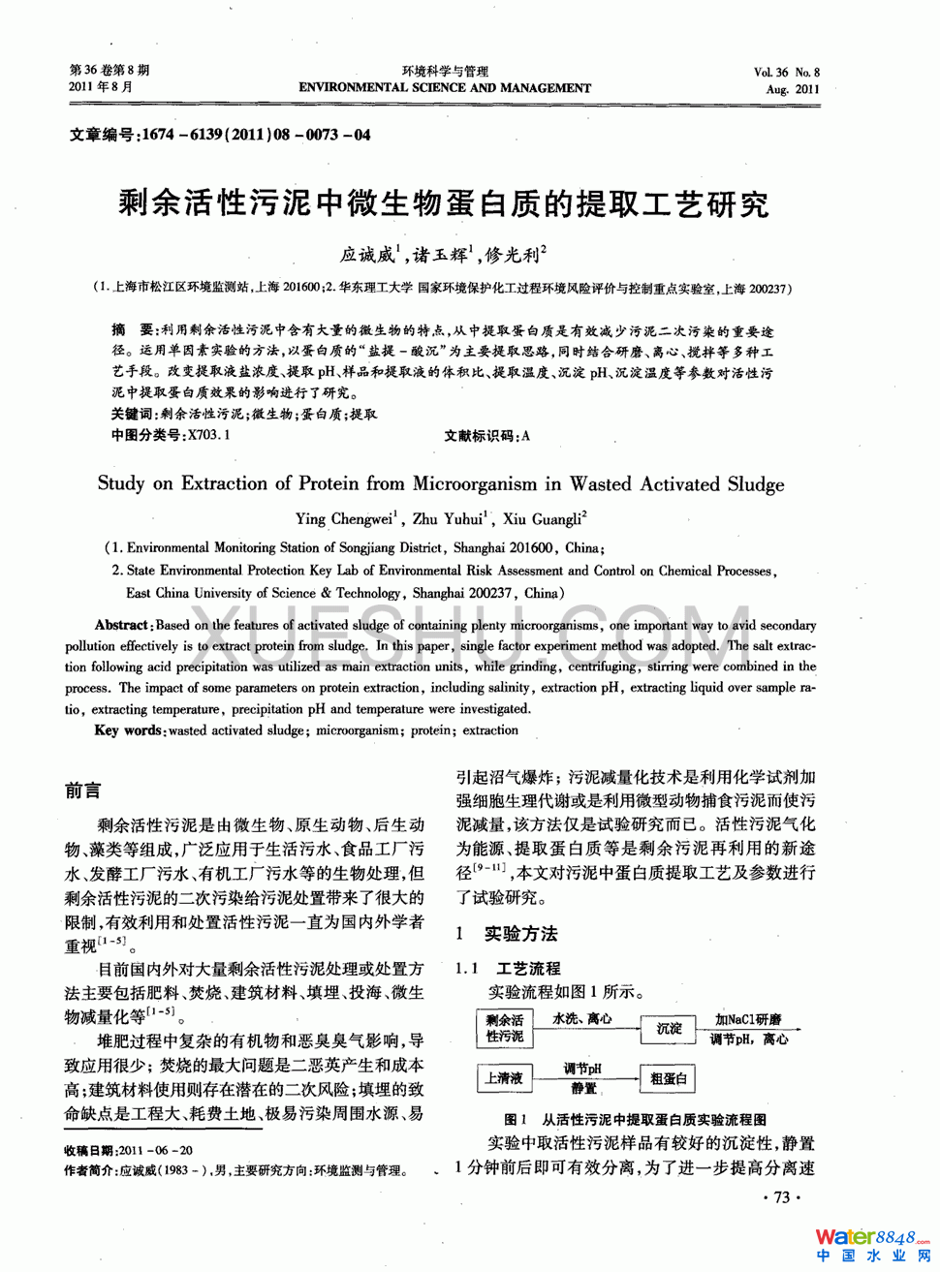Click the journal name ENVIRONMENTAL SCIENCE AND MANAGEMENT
tap(445, 88)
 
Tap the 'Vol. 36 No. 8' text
tap(786, 73)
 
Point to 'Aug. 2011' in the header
tap(793, 89)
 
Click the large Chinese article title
tap(443, 203)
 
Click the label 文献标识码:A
tap(486, 436)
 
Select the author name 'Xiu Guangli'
tap(545, 519)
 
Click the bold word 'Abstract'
tap(121, 626)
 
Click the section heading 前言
tap(82, 791)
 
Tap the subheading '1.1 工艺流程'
tap(509, 969)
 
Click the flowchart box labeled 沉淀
tap(669, 1028)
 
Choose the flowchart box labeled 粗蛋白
tap(668, 1078)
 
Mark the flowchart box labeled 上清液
tap(504, 1078)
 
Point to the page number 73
tap(782, 1197)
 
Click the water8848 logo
tap(872, 1246)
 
